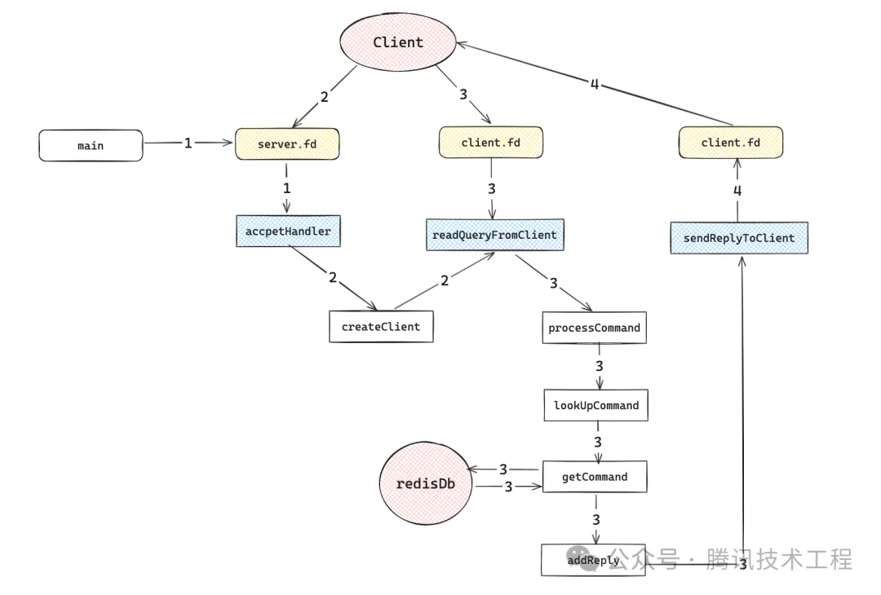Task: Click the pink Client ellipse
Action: (397, 42)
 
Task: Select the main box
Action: (91, 145)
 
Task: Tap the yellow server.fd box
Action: (286, 144)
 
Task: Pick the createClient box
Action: (381, 326)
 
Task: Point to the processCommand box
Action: (594, 327)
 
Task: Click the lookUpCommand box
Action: (596, 404)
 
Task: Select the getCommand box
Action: (595, 477)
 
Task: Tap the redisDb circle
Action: (426, 483)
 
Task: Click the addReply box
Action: (593, 560)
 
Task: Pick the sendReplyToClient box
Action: (738, 237)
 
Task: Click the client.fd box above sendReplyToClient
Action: (731, 143)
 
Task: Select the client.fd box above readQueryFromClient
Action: (490, 143)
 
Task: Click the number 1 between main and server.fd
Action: (188, 143)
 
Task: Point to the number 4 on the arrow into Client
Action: (594, 84)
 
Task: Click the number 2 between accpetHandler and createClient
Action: (332, 277)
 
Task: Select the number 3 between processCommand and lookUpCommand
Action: (599, 366)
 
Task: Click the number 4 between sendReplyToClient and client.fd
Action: (737, 192)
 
